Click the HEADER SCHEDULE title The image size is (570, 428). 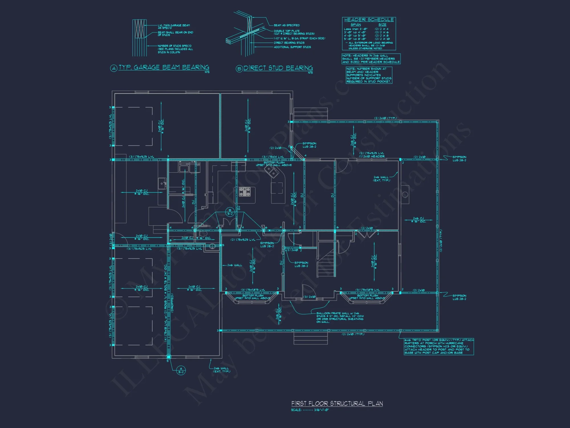pos(369,20)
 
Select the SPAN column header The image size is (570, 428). pos(356,25)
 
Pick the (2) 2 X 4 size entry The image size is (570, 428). pos(381,29)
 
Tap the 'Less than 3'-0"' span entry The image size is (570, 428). pos(355,29)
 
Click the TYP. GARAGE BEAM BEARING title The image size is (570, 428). pos(164,67)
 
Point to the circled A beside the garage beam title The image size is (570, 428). pos(114,68)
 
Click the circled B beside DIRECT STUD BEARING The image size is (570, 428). pos(239,69)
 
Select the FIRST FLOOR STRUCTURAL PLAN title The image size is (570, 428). pos(337,403)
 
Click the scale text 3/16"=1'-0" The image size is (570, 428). pos(321,410)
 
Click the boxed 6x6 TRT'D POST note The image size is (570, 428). pos(439,346)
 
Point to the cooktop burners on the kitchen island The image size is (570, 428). pos(245,192)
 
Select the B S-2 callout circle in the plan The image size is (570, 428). pos(230,212)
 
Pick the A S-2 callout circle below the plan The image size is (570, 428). pos(181,370)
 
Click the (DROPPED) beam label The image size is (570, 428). pos(172,303)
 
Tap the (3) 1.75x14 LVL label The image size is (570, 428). pos(273,157)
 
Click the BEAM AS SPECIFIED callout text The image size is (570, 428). pos(286,25)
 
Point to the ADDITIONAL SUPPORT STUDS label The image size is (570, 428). pos(292,47)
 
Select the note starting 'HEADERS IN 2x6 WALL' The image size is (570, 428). pos(371,59)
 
